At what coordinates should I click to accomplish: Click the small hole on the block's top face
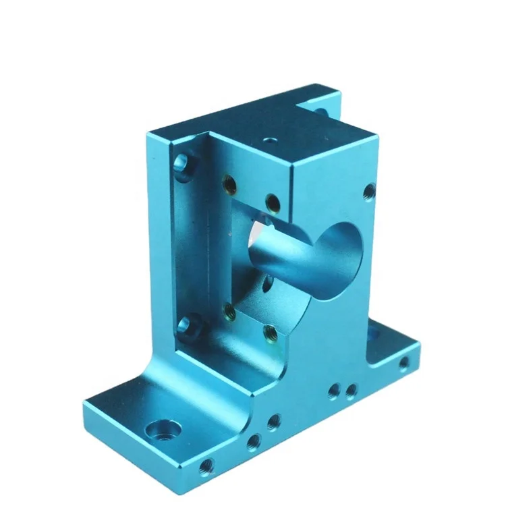(270, 141)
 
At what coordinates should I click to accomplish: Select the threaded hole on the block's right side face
(368, 191)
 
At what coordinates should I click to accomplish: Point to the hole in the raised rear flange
(322, 108)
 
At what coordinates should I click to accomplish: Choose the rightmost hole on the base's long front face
(403, 365)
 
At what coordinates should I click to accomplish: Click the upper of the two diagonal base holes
(273, 422)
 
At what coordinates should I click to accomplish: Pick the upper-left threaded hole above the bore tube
(230, 181)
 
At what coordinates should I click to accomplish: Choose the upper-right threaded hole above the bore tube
(272, 202)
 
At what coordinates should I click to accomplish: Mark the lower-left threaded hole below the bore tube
(229, 311)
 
